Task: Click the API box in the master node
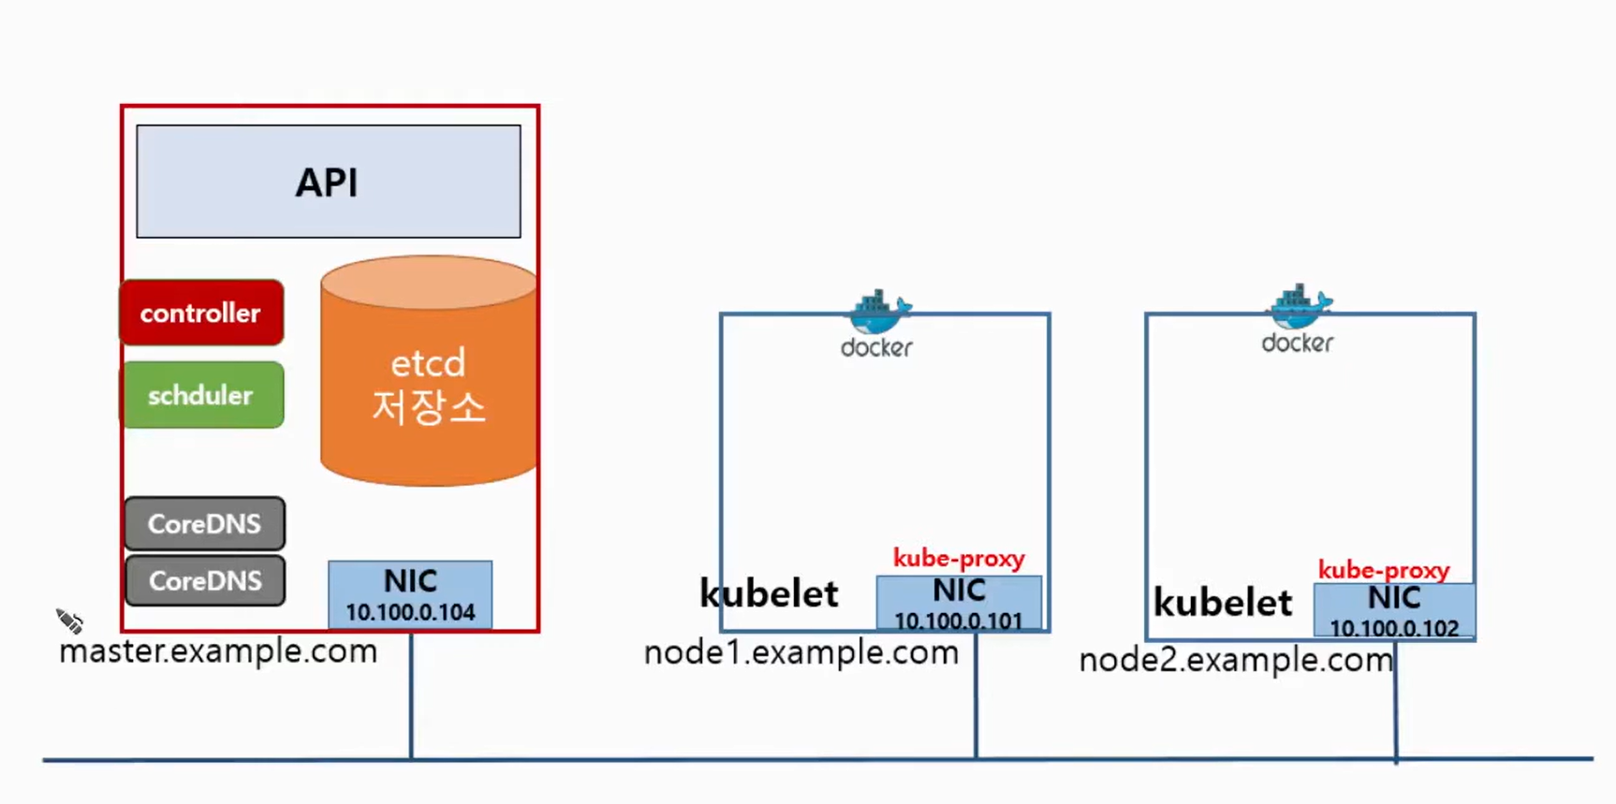[x=329, y=182]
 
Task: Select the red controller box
[x=201, y=313]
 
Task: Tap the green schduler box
[x=201, y=395]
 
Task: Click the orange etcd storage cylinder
[x=429, y=372]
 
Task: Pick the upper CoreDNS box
[x=205, y=523]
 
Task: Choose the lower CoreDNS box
[x=205, y=580]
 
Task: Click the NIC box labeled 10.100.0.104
[x=410, y=594]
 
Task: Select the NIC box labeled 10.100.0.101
[x=959, y=603]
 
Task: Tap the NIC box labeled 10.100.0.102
[x=1394, y=610]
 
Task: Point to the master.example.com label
[x=218, y=651]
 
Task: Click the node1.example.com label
[x=801, y=652]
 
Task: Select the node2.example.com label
[x=1236, y=660]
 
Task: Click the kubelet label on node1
[x=769, y=593]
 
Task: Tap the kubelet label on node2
[x=1223, y=602]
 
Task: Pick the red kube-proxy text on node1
[x=959, y=559]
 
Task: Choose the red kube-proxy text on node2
[x=1384, y=570]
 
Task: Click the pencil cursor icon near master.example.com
[x=69, y=621]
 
